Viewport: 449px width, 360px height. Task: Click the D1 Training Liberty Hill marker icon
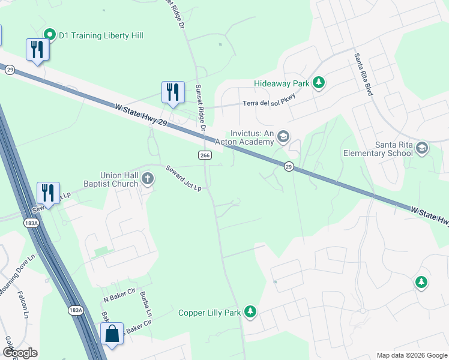[50, 35]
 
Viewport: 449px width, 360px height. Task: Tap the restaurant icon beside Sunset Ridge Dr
[173, 92]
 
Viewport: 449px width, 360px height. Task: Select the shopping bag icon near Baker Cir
[112, 334]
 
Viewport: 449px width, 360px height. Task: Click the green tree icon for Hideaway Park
[319, 82]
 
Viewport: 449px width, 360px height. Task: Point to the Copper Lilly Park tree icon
[250, 312]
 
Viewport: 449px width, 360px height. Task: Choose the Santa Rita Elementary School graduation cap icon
[422, 148]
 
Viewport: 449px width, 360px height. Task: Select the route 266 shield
[204, 155]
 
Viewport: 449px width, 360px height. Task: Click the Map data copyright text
[411, 355]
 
